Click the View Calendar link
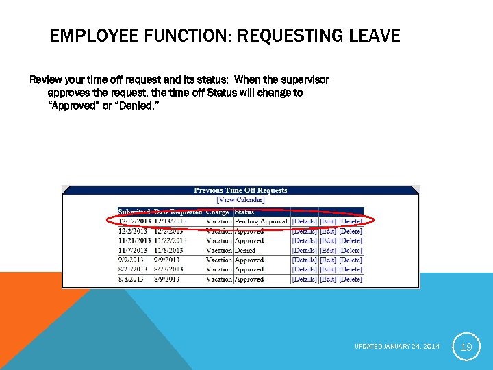point(240,199)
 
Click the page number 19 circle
point(466,347)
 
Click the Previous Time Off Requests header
point(240,190)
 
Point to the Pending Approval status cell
point(261,221)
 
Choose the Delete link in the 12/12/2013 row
point(351,221)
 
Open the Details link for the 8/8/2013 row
point(304,279)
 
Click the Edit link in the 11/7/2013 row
point(328,250)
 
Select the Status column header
point(244,212)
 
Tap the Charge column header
point(218,212)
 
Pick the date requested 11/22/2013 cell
point(170,241)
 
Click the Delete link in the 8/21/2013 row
point(351,269)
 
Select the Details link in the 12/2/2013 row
point(304,231)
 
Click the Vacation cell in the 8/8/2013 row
point(219,279)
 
